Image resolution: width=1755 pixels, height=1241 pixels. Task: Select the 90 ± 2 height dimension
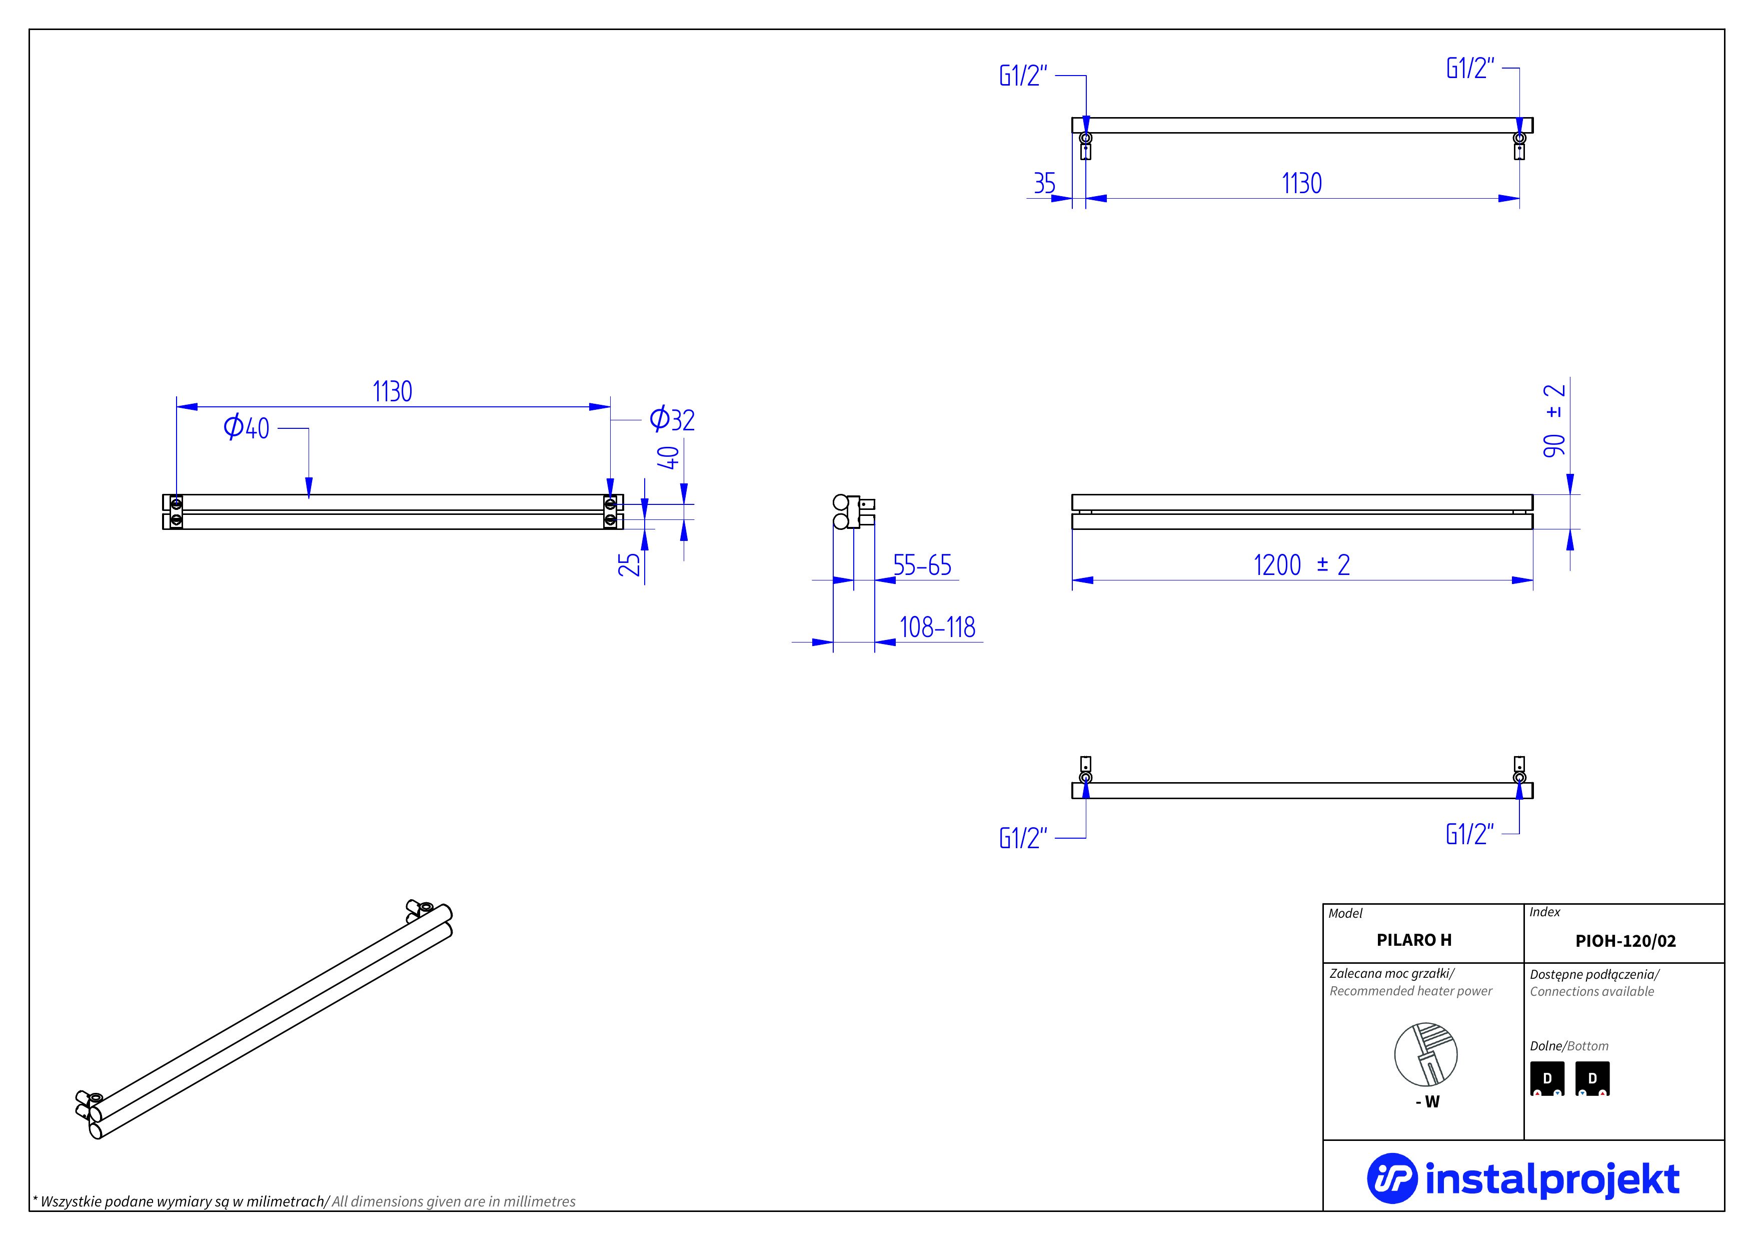pyautogui.click(x=1553, y=420)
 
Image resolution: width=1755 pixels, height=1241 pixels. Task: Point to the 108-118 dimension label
pyautogui.click(x=937, y=627)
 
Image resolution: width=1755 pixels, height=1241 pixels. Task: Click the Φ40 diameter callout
pyautogui.click(x=246, y=427)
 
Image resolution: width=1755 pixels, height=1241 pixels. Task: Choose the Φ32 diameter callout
pyautogui.click(x=672, y=419)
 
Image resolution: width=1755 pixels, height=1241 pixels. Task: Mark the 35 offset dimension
pyautogui.click(x=1044, y=184)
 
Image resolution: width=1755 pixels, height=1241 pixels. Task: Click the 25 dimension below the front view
pyautogui.click(x=628, y=564)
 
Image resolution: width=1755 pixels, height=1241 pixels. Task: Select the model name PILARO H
pyautogui.click(x=1413, y=940)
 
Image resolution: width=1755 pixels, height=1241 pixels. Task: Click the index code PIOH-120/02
pyautogui.click(x=1625, y=940)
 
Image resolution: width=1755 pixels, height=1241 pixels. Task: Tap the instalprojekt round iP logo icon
pyautogui.click(x=1391, y=1178)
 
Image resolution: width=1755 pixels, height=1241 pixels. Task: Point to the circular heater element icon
pyautogui.click(x=1425, y=1054)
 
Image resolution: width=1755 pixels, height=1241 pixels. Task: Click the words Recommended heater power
pyautogui.click(x=1410, y=991)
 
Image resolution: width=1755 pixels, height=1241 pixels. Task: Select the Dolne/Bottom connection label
pyautogui.click(x=1568, y=1046)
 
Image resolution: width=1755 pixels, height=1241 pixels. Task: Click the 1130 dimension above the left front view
pyautogui.click(x=392, y=391)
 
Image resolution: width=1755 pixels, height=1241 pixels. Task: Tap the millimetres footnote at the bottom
pyautogui.click(x=304, y=1201)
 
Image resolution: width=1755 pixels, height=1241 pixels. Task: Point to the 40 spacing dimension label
pyautogui.click(x=667, y=457)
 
